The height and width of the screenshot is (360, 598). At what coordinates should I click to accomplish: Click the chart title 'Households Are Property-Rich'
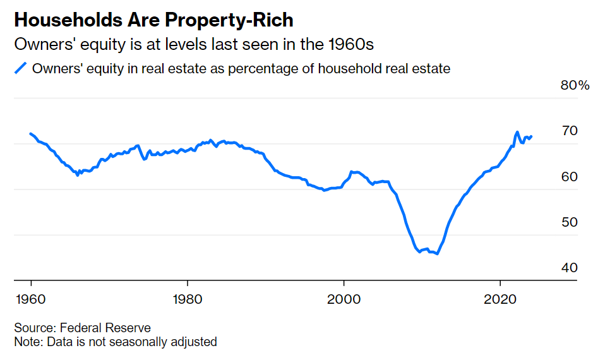point(153,20)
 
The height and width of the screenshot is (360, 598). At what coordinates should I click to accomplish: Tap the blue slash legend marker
point(21,69)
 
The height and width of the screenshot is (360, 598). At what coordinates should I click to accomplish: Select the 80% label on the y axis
point(575,85)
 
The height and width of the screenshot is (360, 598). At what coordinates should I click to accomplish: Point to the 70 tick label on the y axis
point(570,131)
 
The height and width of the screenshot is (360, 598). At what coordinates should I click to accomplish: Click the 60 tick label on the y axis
point(570,176)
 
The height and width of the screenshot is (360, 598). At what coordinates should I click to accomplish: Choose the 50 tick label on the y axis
point(570,222)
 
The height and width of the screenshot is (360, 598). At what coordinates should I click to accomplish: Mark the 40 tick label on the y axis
point(570,267)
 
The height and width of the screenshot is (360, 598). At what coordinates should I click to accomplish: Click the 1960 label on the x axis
point(30,297)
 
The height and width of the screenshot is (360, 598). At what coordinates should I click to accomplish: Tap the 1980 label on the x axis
point(187,297)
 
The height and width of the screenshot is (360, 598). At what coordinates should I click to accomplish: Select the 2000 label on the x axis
point(344,297)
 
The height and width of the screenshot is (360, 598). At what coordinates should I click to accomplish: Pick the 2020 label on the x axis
point(500,297)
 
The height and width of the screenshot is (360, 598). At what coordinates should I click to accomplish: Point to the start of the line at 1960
point(30,133)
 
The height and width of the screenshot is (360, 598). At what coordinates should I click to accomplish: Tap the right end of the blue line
point(532,136)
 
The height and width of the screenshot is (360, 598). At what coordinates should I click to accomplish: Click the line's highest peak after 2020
point(517,132)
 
